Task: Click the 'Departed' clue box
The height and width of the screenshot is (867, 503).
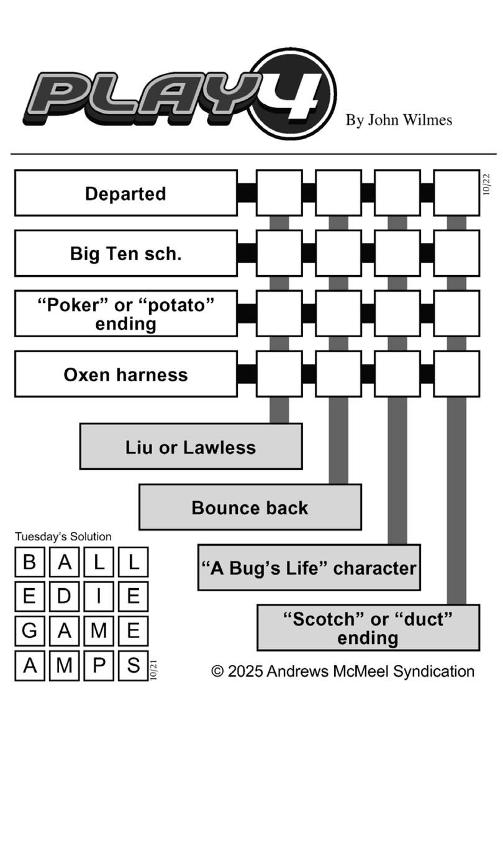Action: [125, 193]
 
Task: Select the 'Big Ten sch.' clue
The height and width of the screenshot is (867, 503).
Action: [125, 253]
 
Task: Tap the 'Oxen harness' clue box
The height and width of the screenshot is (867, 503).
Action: [125, 374]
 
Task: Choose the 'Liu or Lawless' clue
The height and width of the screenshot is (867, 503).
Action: [191, 447]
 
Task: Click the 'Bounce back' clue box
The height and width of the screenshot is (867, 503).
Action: [250, 507]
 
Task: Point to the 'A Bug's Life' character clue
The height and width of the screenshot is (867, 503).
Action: [309, 568]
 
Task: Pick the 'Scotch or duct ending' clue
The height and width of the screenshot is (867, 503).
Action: [368, 628]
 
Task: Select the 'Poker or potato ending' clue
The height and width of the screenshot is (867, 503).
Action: [125, 314]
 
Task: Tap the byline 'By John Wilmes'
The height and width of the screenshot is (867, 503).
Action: [399, 120]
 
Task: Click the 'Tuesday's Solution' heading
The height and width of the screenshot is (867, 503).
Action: [63, 537]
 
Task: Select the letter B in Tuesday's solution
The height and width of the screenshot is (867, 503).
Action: [29, 562]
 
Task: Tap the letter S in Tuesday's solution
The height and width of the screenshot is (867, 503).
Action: [133, 665]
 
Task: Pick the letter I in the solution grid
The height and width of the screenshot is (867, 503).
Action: [99, 596]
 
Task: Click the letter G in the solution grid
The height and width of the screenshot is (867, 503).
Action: [29, 631]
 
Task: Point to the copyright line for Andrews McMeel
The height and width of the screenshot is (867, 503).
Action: [343, 671]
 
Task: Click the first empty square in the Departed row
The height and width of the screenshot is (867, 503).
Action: [279, 193]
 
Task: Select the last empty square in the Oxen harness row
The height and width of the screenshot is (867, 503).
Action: [456, 374]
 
